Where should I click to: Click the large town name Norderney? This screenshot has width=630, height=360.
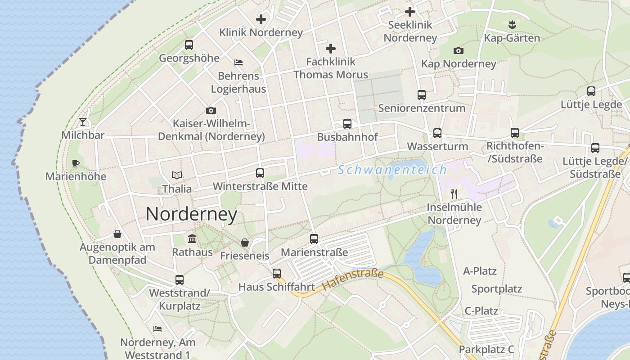point(191,214)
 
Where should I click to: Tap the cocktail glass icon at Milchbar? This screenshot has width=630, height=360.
point(83,121)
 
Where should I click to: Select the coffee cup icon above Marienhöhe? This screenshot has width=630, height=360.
point(75,163)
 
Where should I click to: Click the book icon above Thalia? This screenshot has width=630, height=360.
point(177,175)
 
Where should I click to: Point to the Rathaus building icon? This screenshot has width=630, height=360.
point(192,238)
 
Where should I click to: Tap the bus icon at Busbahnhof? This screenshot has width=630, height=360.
point(347,123)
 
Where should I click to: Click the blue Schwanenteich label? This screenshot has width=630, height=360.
point(392,170)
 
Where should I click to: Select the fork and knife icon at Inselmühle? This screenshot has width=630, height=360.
point(454,194)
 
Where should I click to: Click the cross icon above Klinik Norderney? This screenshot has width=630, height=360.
point(261,19)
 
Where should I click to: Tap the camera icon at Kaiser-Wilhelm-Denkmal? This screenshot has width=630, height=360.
point(211,110)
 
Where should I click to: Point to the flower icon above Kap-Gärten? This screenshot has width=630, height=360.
point(512,24)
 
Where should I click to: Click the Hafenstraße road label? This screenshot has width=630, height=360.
point(353,279)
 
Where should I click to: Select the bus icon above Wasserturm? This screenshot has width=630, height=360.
point(437,133)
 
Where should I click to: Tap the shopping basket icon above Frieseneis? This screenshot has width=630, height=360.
point(245,243)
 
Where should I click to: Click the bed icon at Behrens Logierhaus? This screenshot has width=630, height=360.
point(238,63)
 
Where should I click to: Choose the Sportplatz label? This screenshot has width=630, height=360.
point(496,289)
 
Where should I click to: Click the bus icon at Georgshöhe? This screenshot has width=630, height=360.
point(189,45)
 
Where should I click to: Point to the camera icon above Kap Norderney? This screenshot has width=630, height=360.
point(459,50)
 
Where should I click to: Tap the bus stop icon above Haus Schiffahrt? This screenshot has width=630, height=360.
point(277,273)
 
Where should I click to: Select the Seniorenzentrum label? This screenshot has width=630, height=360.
point(422,108)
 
